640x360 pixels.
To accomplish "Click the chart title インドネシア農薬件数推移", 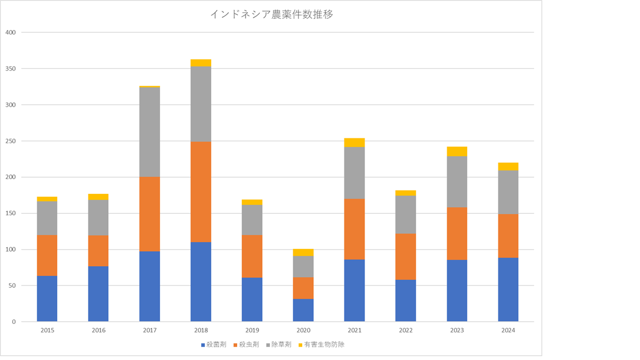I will coord(271,15).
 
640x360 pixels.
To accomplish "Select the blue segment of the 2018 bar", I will coord(201,282).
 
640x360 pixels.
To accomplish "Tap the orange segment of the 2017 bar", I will coord(149,214).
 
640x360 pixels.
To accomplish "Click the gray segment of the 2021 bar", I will coord(354,173).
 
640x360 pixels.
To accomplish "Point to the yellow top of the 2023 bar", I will coord(457,152).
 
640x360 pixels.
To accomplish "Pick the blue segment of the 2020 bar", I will coord(303,310).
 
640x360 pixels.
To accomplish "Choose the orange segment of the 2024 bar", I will coord(508,236).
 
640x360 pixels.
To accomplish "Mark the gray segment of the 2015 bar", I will coord(47,218).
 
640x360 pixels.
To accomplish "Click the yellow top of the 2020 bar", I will coord(303,252).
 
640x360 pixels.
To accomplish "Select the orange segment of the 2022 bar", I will coord(406,257).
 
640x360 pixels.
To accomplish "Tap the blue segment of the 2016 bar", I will coord(98,294).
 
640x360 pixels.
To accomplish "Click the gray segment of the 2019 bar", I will coord(252,220).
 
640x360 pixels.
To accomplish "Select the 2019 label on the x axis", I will coord(252,331).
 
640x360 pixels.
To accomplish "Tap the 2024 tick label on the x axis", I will coord(508,331).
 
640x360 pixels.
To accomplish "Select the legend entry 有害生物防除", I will coord(325,344).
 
